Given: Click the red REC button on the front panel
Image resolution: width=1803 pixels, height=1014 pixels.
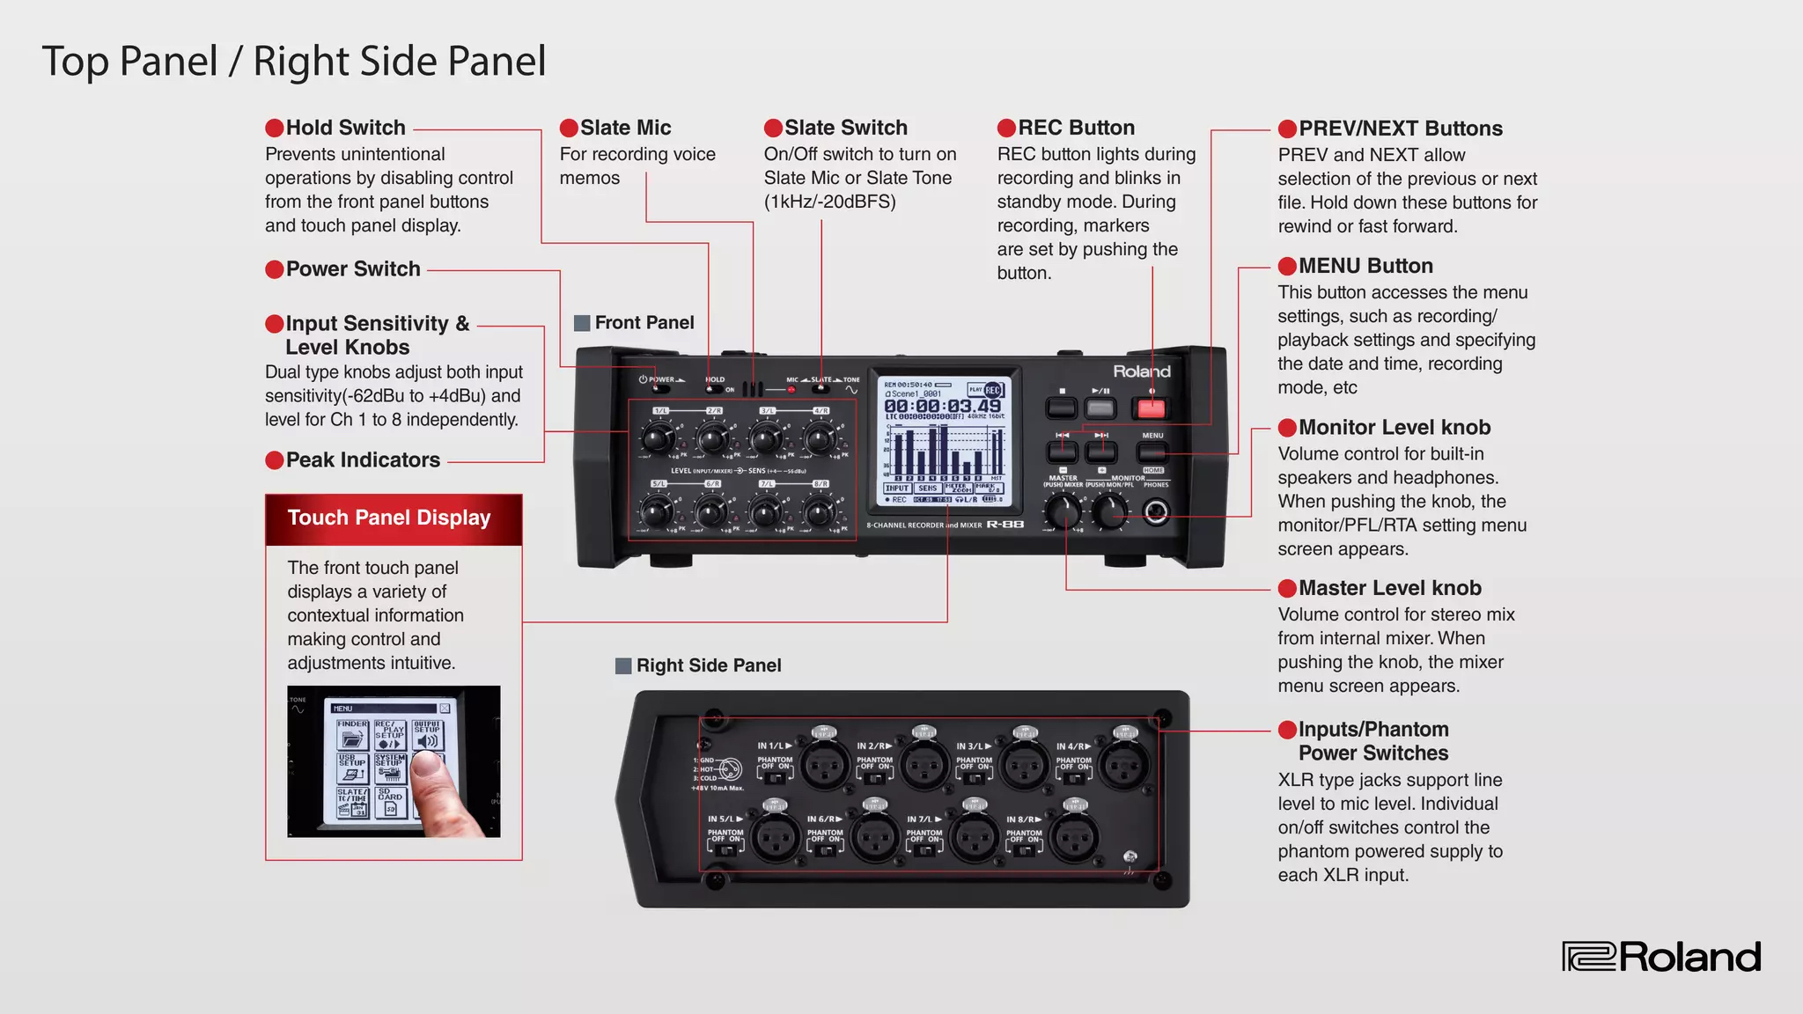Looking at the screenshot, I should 1151,408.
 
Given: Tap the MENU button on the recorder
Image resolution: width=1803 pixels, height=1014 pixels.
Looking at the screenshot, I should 1152,452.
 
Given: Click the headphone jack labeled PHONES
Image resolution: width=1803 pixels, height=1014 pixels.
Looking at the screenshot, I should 1156,511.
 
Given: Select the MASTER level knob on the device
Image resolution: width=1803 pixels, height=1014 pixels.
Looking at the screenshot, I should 1063,510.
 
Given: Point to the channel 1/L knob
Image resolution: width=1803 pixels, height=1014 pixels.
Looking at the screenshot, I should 657,437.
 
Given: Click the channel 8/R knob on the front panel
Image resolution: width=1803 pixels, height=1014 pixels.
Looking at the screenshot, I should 819,510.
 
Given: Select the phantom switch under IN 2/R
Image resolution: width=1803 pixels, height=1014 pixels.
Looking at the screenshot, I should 875,777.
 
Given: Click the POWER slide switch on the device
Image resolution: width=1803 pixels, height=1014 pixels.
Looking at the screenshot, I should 659,389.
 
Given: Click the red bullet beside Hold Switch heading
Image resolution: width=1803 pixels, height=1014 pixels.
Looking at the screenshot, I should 275,129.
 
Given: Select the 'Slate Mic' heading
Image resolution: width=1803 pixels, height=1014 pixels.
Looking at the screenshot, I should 625,129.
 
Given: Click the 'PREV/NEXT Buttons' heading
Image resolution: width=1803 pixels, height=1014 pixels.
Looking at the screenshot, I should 1400,129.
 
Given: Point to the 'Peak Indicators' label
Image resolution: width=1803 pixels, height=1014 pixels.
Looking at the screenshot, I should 363,460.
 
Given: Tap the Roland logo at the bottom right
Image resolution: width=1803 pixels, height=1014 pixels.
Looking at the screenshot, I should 1661,957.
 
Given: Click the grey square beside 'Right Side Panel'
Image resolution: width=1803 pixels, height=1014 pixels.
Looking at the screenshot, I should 623,665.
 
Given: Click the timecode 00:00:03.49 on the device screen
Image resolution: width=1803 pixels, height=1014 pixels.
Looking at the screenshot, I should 942,406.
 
